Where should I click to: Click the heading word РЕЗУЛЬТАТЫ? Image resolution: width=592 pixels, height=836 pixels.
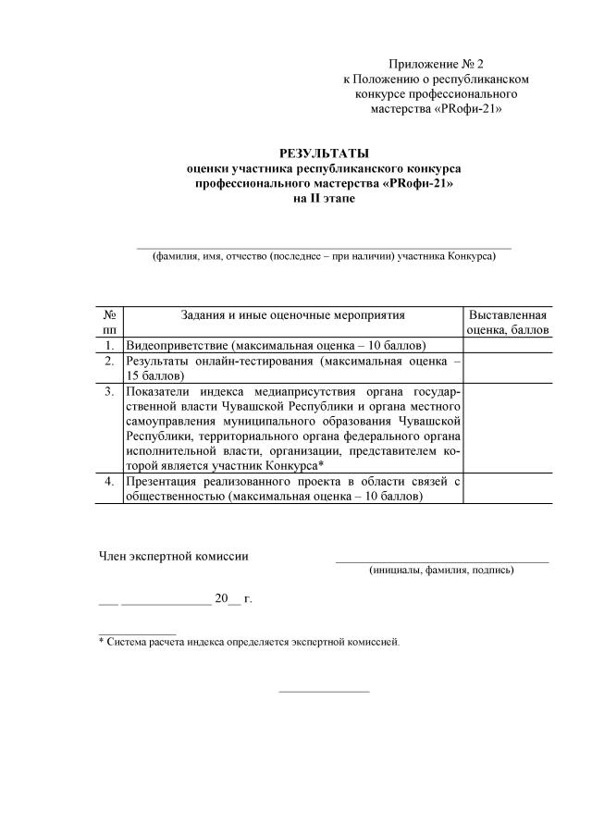tap(324, 153)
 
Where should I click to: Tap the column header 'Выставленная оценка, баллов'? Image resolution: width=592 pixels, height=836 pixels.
tap(507, 322)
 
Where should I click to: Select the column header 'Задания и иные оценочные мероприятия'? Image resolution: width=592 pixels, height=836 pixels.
tap(292, 315)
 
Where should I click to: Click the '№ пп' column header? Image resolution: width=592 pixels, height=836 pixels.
tap(109, 322)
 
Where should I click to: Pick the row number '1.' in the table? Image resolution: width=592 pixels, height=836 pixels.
tap(109, 344)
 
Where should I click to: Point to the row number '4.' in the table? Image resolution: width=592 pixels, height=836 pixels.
tap(109, 481)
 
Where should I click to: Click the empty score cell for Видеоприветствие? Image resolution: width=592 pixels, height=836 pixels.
tap(507, 344)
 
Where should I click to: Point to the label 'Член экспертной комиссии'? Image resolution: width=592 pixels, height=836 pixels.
tap(174, 556)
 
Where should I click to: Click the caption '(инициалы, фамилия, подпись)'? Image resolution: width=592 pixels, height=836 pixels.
tap(441, 571)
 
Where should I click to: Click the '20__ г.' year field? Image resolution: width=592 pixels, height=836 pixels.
tap(233, 598)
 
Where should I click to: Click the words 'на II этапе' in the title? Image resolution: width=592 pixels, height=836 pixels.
tap(324, 198)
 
